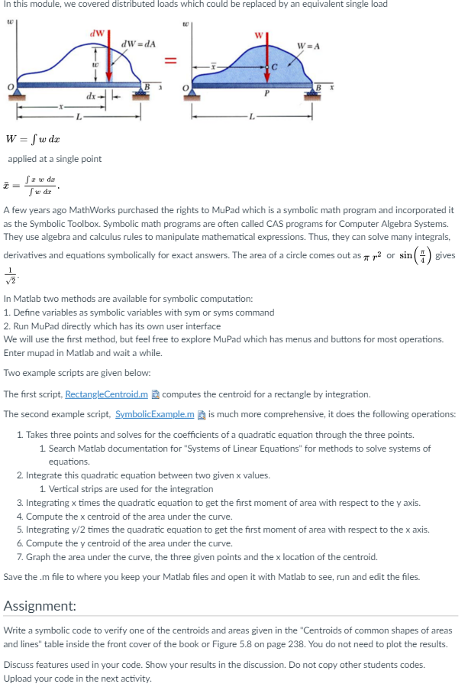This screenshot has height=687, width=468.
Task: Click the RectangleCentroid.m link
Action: pos(106,394)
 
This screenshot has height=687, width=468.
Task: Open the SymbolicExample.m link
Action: pos(155,413)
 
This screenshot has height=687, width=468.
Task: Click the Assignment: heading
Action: pos(40,606)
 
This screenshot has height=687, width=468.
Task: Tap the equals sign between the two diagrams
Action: pos(171,59)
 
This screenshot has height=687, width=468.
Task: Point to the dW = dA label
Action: pos(138,44)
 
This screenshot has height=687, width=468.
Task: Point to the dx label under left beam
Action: pos(91,96)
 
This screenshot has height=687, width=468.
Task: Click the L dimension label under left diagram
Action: pos(78,115)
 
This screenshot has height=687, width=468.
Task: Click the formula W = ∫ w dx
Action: pos(33,139)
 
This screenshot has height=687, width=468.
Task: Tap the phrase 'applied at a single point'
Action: pos(54,159)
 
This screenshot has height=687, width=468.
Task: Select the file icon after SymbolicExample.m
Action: pos(201,413)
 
